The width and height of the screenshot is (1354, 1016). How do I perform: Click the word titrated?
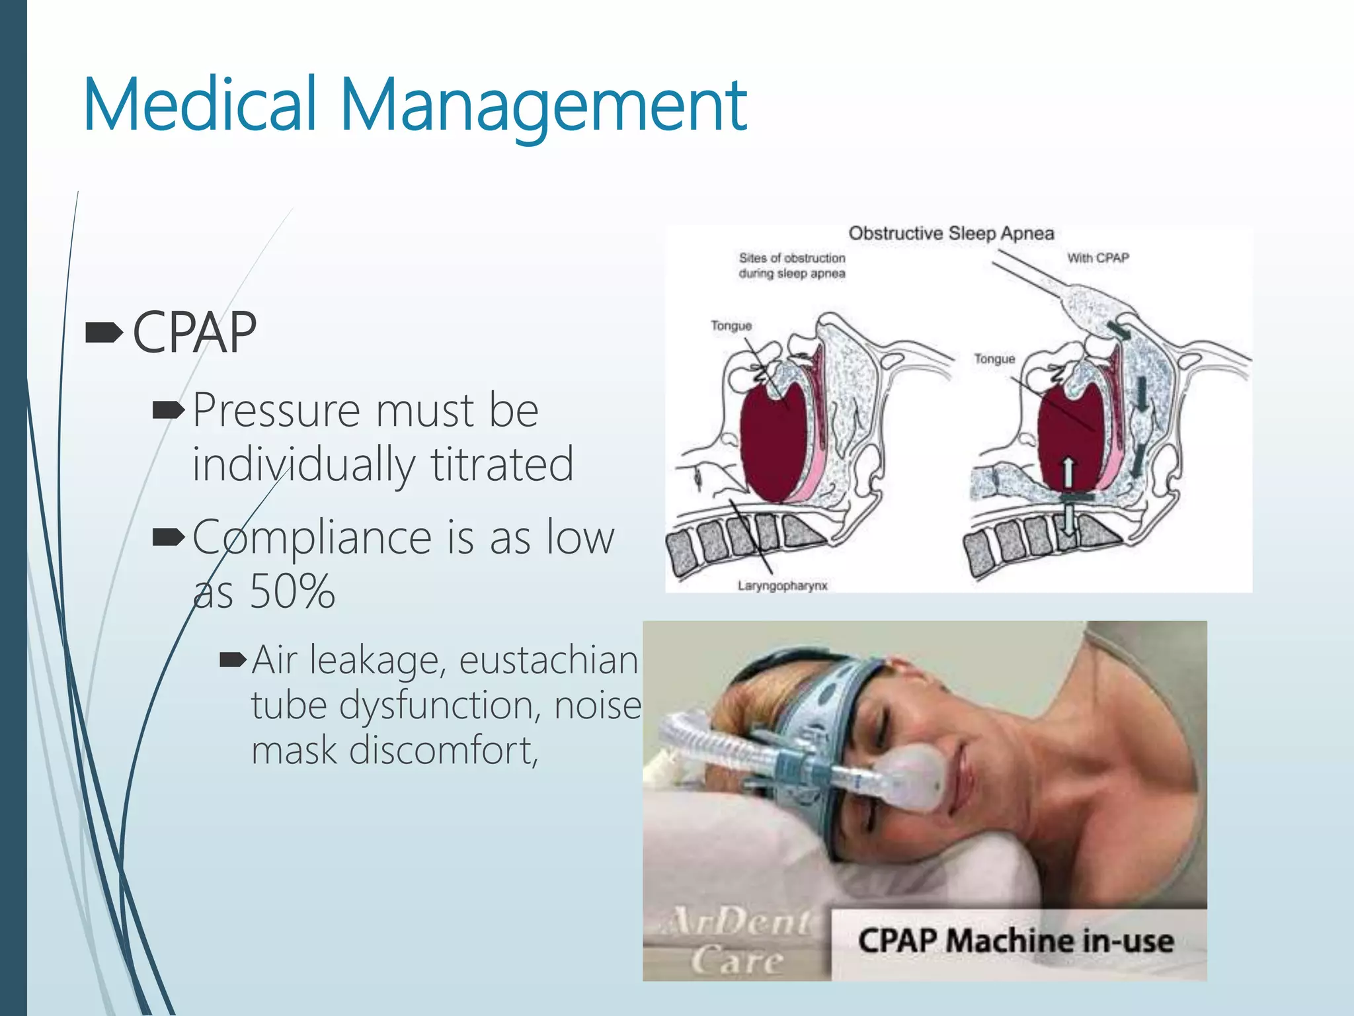[502, 464]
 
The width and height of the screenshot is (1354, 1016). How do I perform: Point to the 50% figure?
[292, 591]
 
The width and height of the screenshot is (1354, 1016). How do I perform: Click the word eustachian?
[548, 660]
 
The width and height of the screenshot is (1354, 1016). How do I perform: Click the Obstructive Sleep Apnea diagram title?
[951, 233]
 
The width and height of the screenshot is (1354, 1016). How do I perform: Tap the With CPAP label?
[1097, 258]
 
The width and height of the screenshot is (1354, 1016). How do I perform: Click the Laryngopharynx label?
[782, 586]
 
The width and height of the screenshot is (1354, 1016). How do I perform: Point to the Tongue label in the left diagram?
[731, 326]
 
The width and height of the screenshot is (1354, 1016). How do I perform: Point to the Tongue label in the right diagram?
[994, 359]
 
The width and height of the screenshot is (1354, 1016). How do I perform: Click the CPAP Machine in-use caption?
[1015, 941]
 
